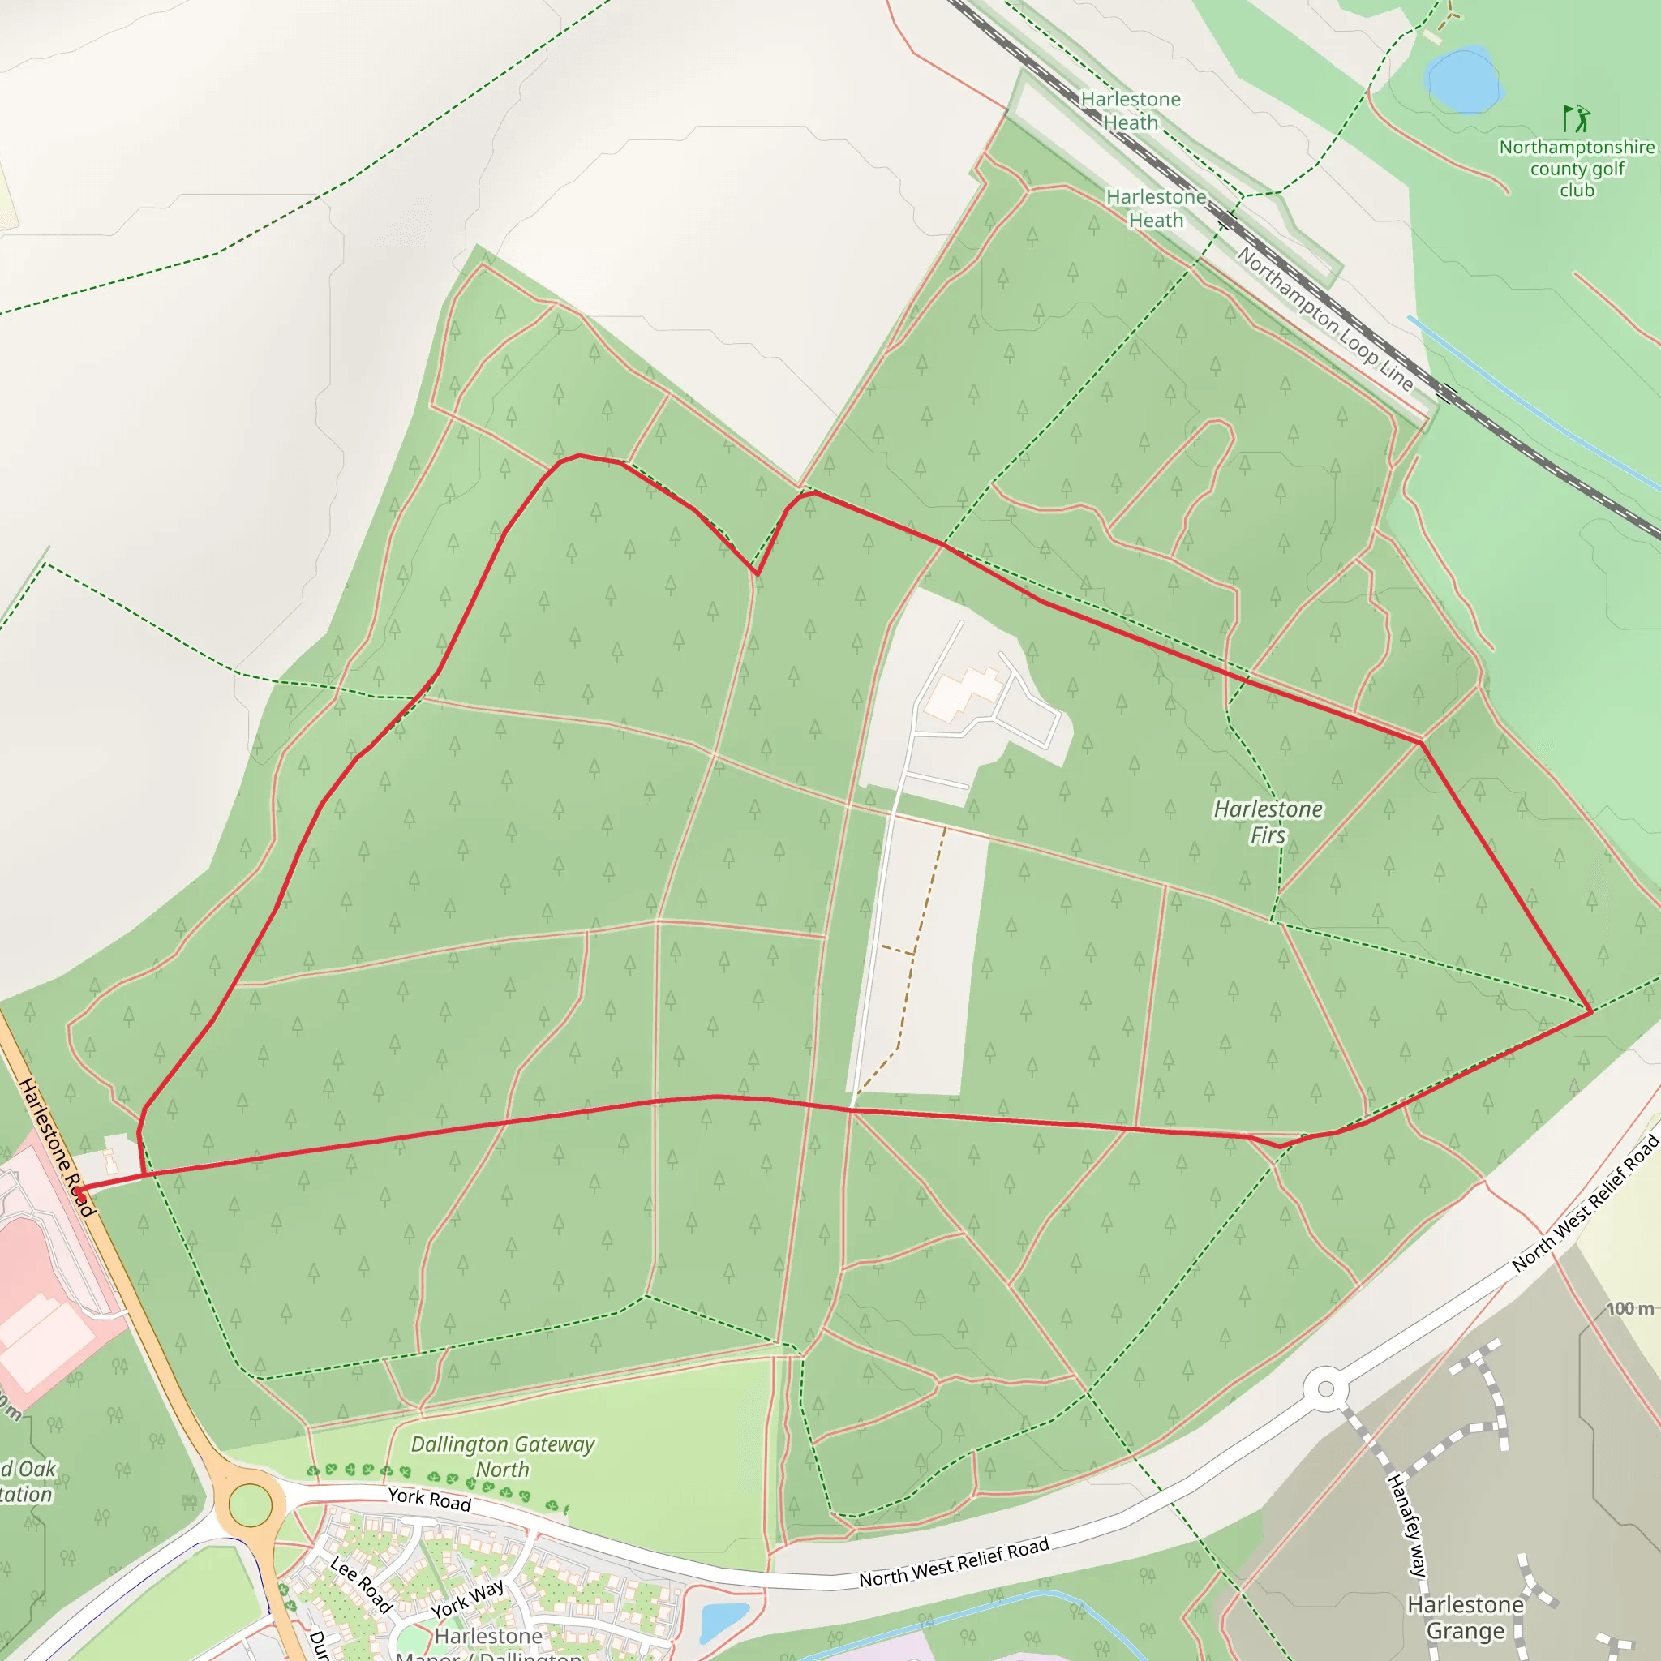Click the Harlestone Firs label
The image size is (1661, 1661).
1268,822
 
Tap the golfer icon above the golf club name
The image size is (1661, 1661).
1576,118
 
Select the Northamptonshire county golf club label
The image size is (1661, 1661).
1577,169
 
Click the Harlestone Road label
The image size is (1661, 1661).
56,1147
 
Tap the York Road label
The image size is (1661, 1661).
429,1499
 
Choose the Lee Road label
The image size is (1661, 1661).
361,1585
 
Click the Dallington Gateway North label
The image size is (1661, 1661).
502,1457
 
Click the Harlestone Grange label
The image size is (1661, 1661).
1465,1617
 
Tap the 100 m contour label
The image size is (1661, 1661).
1630,1308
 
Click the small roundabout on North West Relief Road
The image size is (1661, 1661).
1326,1388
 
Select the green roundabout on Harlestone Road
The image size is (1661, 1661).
250,1504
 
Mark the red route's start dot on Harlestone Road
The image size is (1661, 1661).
79,1191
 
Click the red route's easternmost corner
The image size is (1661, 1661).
1591,1012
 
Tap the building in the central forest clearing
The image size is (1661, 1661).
964,692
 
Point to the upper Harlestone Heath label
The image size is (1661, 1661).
1130,111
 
